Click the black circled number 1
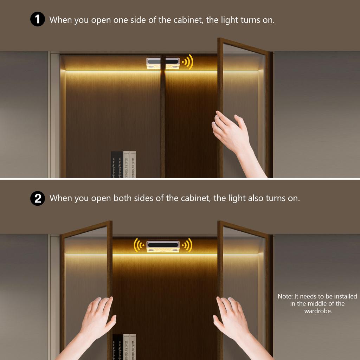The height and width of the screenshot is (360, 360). (x=38, y=19)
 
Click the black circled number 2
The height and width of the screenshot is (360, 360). (x=38, y=198)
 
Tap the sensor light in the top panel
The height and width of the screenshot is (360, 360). (x=163, y=63)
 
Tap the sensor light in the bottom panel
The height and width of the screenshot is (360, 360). (x=163, y=246)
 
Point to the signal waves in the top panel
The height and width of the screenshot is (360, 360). (x=187, y=62)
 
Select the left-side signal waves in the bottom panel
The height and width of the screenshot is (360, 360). (x=139, y=245)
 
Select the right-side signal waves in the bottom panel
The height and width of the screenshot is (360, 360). (x=187, y=245)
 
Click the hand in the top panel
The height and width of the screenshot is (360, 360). (x=232, y=134)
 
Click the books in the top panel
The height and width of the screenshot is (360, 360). (x=123, y=164)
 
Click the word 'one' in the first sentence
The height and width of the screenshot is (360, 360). (x=121, y=20)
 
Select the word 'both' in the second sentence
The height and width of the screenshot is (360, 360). (x=121, y=198)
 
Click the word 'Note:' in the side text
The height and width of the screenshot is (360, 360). (x=285, y=296)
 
